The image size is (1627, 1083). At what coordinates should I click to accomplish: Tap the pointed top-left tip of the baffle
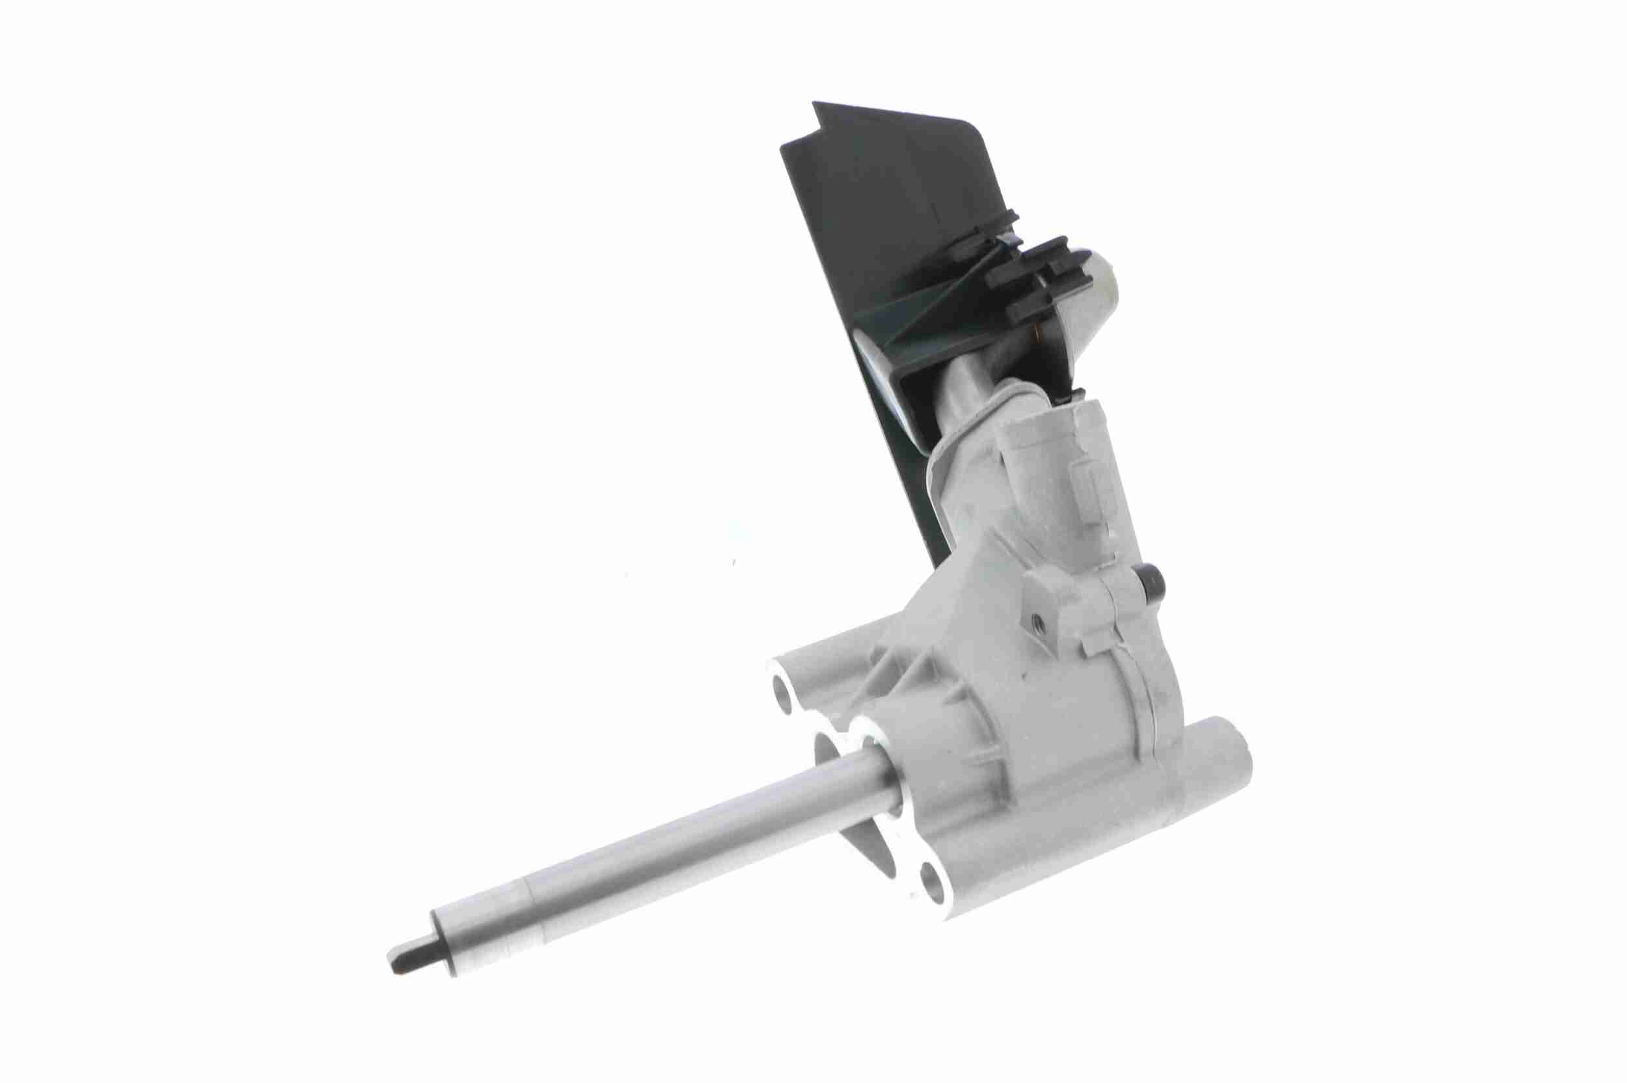tap(815, 105)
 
